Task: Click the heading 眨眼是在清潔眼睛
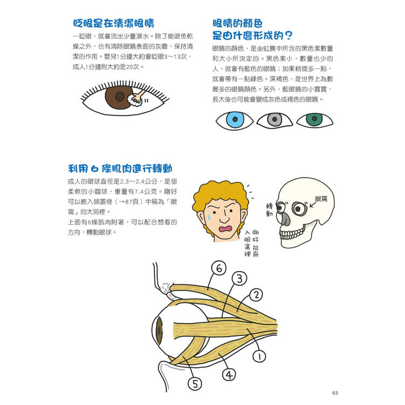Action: tap(113, 23)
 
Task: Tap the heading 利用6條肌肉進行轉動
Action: tap(120, 168)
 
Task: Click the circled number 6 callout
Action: tap(219, 268)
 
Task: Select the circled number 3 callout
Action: tap(239, 279)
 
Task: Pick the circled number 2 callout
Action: tap(256, 295)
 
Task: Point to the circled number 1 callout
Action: tap(259, 356)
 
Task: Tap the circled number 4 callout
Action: tap(229, 375)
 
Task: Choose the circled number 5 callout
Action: tap(195, 383)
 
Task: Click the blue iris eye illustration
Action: tap(234, 120)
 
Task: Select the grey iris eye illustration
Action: tap(274, 120)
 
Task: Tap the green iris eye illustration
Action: tap(315, 119)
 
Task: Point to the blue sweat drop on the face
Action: tap(209, 217)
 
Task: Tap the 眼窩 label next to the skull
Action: tap(321, 199)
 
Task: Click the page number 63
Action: tap(335, 393)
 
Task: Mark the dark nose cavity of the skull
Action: tap(285, 219)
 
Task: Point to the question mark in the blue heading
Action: tap(289, 36)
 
